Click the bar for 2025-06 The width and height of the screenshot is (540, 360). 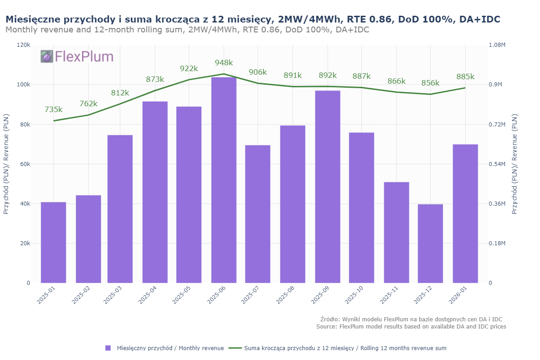click(224, 180)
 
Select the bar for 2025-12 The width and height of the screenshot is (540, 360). click(430, 243)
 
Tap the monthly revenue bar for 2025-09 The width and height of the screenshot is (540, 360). click(328, 187)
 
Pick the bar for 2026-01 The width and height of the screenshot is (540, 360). click(465, 214)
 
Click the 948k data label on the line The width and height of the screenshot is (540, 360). click(224, 63)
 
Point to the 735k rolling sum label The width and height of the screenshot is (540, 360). click(54, 110)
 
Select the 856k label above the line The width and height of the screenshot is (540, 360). click(430, 83)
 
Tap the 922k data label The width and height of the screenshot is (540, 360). click(189, 69)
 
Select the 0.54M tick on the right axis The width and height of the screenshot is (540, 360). click(497, 164)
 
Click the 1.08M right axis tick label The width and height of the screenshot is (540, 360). click(497, 45)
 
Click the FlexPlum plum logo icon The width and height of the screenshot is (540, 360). click(47, 56)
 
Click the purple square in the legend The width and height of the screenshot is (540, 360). click(108, 348)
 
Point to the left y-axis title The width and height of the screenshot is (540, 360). click(6, 164)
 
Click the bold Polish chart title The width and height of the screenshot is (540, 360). click(252, 19)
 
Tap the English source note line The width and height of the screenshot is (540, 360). click(411, 326)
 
